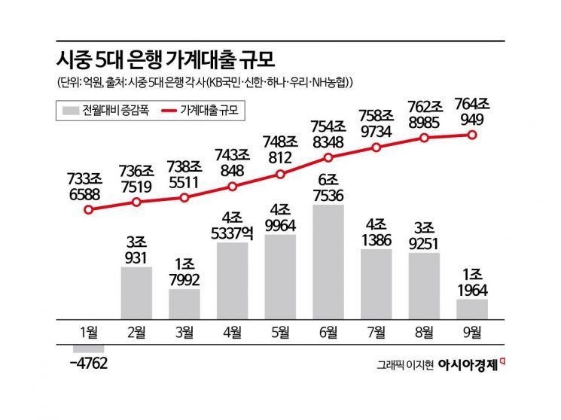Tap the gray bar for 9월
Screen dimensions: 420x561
[472, 309]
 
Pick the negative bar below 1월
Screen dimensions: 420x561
[89, 348]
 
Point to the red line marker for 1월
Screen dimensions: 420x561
[89, 210]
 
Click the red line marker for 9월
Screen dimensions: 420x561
[472, 135]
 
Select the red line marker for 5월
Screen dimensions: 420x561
[280, 174]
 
